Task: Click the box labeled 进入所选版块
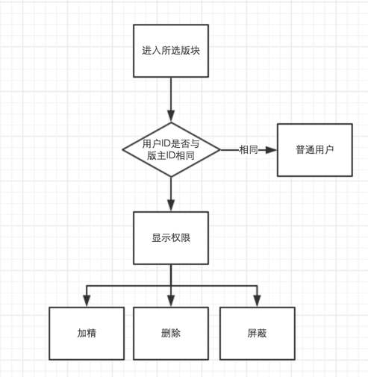(x=171, y=51)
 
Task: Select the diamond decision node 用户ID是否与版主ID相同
(x=171, y=150)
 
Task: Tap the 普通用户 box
(x=315, y=150)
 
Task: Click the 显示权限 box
(x=171, y=238)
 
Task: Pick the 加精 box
(x=87, y=334)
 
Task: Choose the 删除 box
(x=171, y=334)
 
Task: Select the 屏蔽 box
(x=258, y=334)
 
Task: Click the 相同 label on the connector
(x=249, y=150)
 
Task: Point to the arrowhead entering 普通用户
(x=271, y=150)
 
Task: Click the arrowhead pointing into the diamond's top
(x=171, y=116)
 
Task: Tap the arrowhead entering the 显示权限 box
(x=171, y=205)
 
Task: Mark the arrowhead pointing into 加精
(x=87, y=301)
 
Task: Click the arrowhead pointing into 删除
(x=171, y=301)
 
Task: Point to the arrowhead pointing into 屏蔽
(x=258, y=301)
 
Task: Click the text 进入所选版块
(x=171, y=51)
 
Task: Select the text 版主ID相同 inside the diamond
(x=171, y=156)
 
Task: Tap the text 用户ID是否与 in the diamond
(x=171, y=144)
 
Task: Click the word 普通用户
(x=315, y=150)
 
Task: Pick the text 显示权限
(x=171, y=238)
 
